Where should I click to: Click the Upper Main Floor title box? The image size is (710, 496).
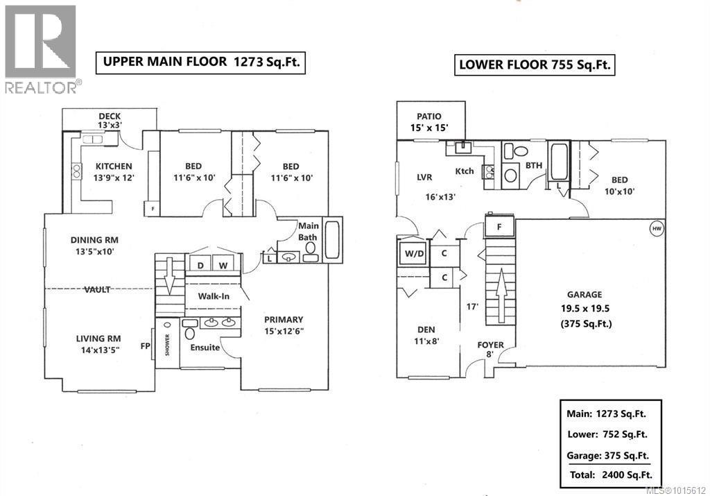pos(201,61)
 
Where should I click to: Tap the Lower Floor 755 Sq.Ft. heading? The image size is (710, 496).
pos(535,65)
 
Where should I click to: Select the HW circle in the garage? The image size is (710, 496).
pos(655,228)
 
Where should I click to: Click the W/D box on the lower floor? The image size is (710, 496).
pos(411,253)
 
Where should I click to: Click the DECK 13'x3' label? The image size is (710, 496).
pos(110,121)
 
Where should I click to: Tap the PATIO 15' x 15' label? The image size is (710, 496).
pos(428,122)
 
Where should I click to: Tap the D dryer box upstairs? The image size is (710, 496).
pos(200,266)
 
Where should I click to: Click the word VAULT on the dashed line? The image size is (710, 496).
pos(97,289)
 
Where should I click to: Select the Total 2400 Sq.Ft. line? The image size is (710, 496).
pos(609,475)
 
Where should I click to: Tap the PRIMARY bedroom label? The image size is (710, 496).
pos(284,325)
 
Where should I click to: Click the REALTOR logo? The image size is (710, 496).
pos(41,49)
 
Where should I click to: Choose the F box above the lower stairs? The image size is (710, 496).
pos(499,226)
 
